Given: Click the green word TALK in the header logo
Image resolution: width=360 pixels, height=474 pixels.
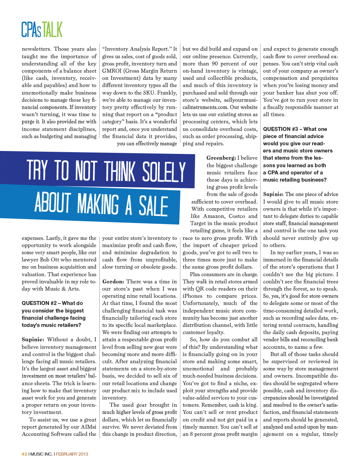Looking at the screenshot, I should tap(52, 29).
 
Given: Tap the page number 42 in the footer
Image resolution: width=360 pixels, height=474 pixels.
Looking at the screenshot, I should tap(24, 454).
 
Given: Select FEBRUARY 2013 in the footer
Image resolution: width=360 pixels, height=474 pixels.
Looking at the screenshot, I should tap(72, 454).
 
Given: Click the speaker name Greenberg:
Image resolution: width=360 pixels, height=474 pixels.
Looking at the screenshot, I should tap(221, 158).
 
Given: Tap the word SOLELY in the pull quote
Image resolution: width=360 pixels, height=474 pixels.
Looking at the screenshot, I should tap(164, 172).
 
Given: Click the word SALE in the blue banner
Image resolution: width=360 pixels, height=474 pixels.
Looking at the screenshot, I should tap(153, 206).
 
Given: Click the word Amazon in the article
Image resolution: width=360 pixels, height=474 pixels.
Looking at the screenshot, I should tap(213, 216).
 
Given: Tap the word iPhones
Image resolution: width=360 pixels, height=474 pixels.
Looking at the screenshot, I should tap(193, 296).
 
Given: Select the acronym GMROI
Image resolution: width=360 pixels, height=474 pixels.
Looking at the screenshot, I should tap(112, 71).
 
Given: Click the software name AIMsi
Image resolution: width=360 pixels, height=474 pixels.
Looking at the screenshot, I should tap(88, 427).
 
